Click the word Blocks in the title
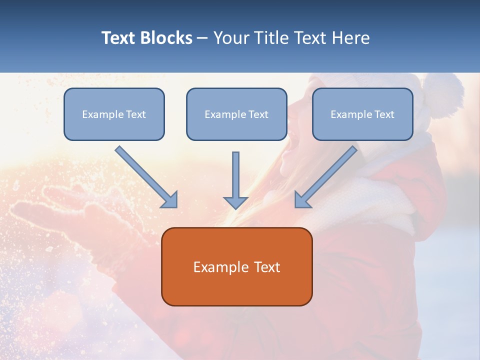167,38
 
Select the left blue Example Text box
114,114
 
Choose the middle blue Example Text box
236,114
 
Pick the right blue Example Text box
362,114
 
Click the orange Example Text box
236,266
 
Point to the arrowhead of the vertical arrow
236,202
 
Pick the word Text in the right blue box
384,114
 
